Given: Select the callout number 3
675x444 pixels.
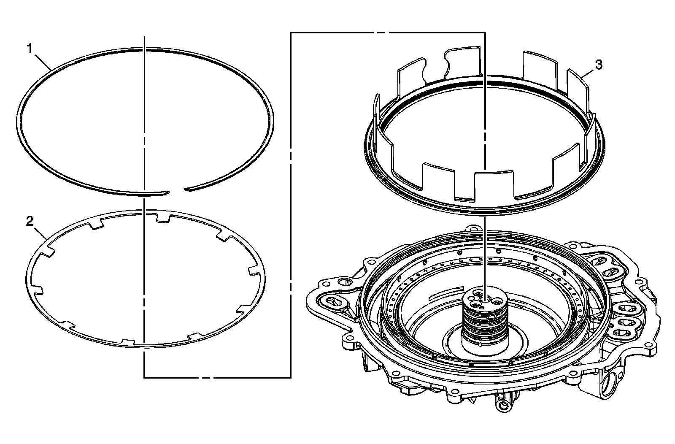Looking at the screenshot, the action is (599, 65).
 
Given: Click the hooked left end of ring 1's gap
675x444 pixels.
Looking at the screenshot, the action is (167, 192).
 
